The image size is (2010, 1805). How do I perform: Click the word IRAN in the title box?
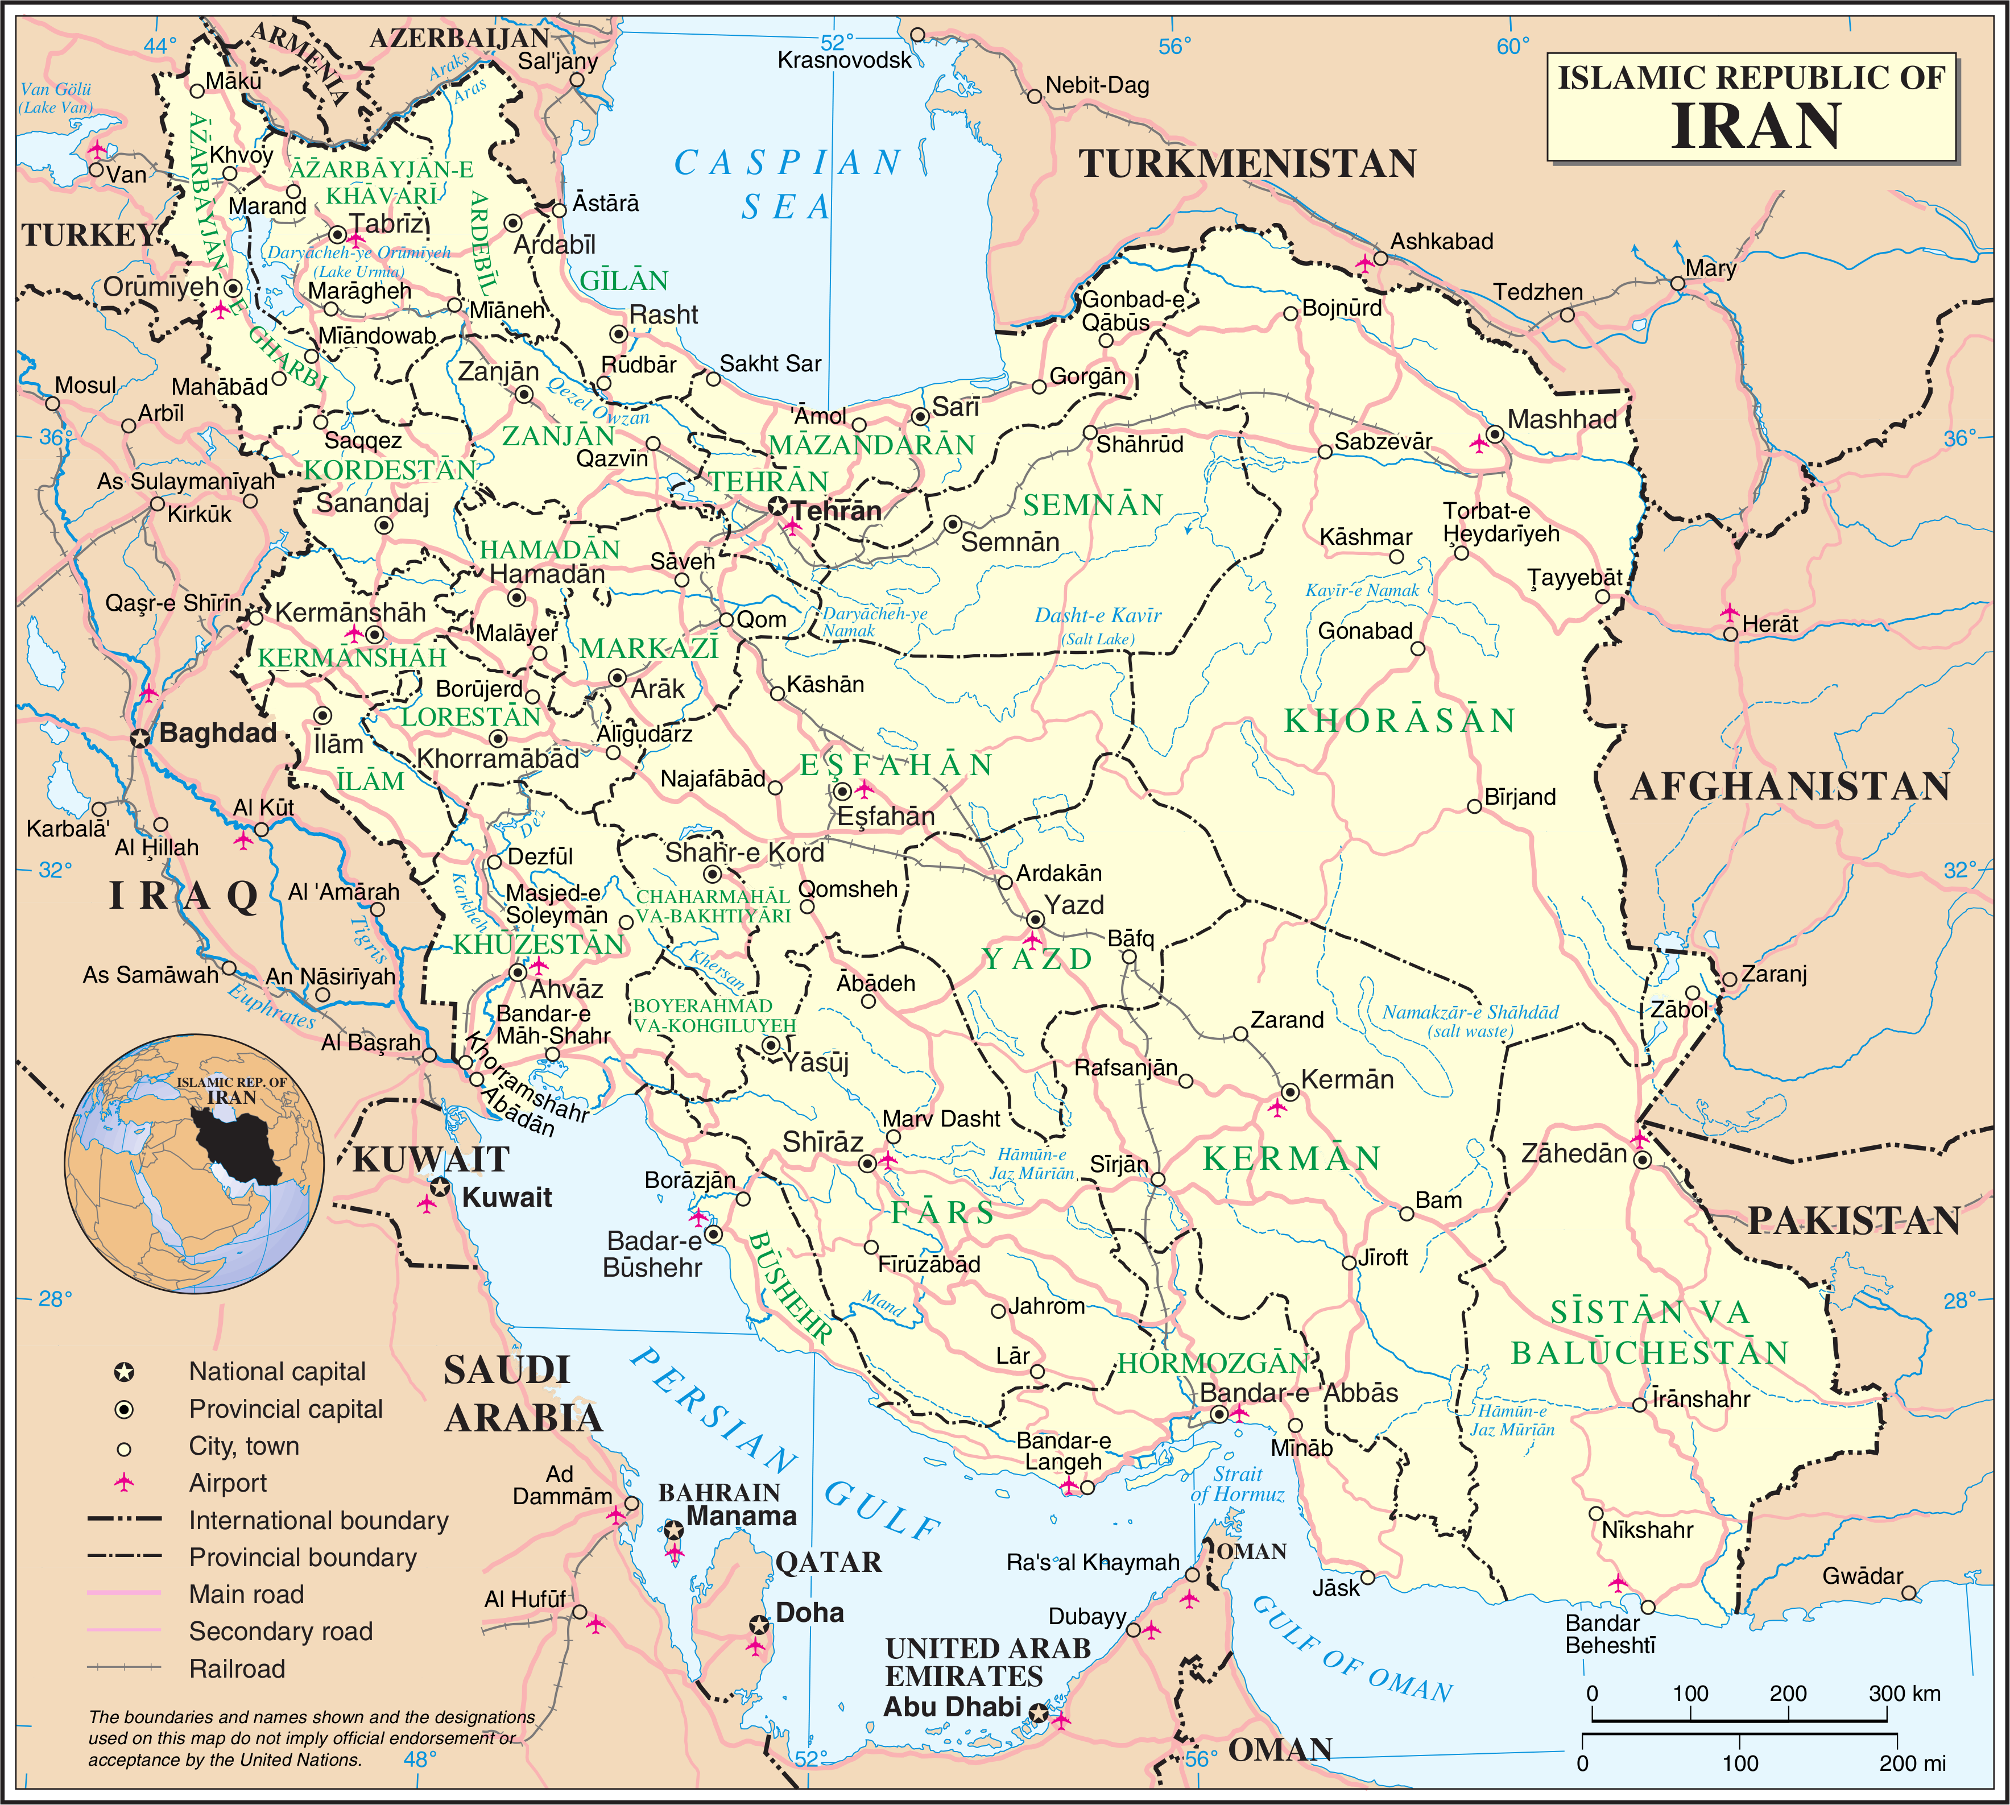click(x=1755, y=126)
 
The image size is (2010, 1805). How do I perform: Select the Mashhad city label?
click(x=1562, y=420)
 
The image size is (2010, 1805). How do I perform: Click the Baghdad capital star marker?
click(x=141, y=737)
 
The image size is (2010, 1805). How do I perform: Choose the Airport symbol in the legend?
click(x=124, y=1483)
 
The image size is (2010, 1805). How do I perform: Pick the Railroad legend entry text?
click(x=237, y=1669)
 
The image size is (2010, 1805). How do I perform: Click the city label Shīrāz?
click(x=822, y=1142)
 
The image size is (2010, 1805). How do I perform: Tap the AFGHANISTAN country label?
click(x=1791, y=786)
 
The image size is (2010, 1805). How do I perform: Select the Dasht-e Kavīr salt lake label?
click(x=1097, y=616)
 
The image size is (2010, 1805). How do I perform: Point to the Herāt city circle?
click(x=1730, y=634)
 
